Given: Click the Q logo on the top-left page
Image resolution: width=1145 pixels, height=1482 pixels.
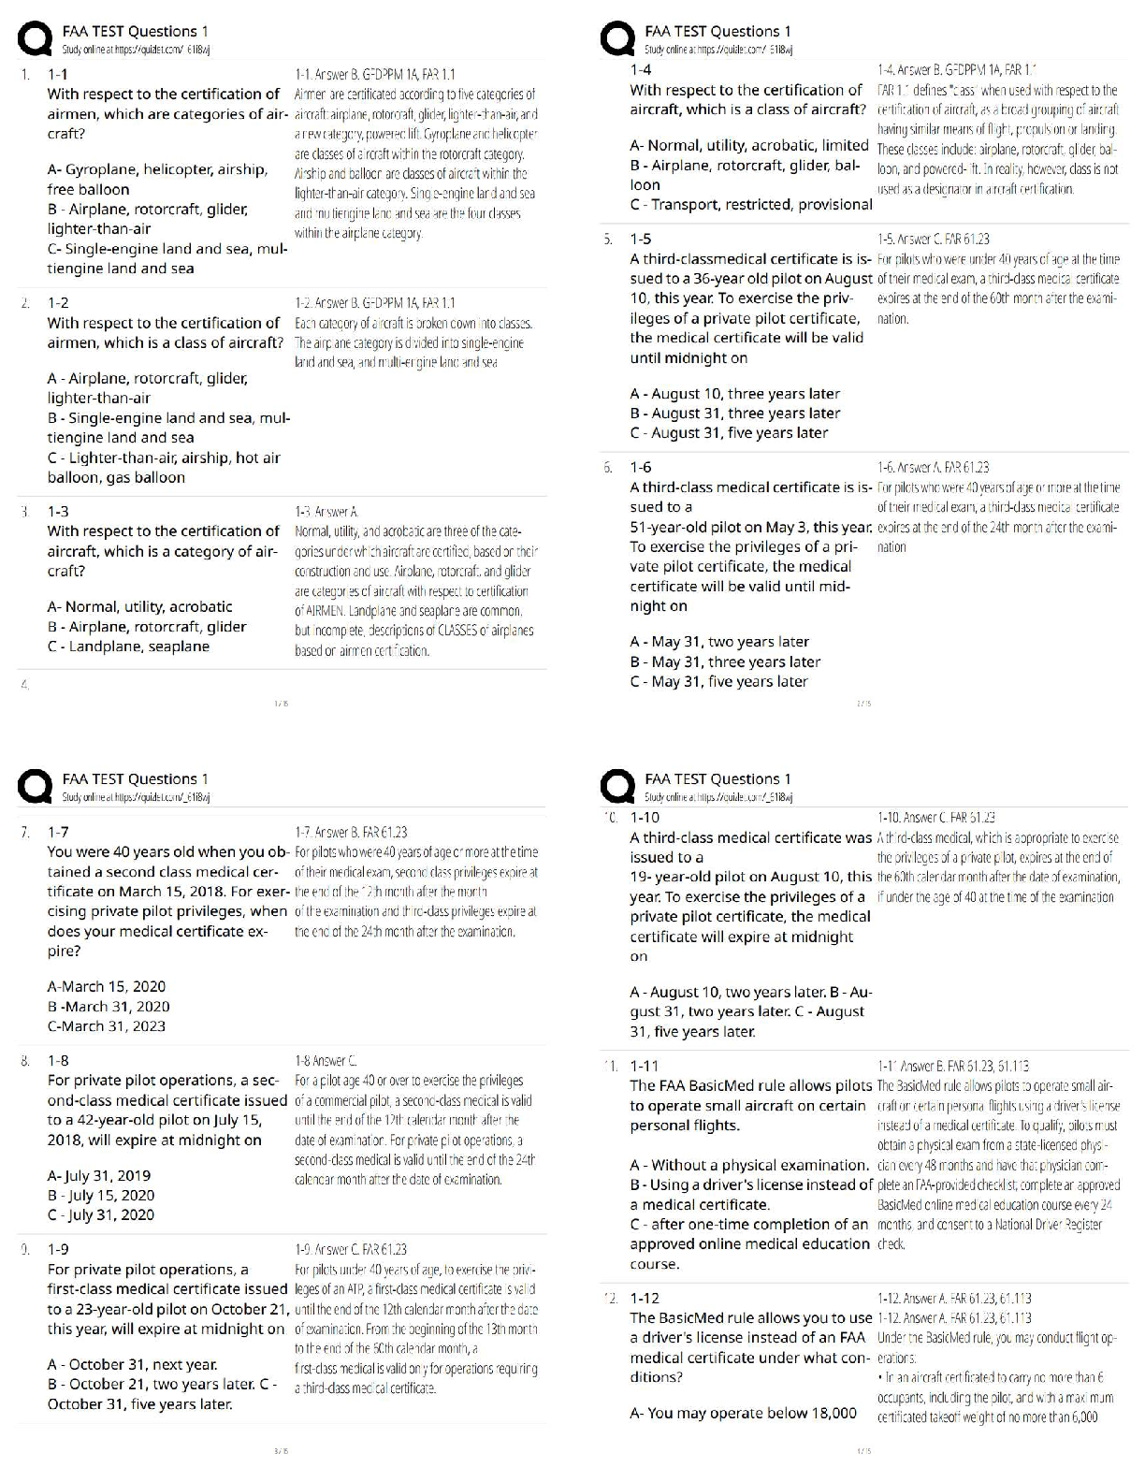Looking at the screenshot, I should click(x=36, y=41).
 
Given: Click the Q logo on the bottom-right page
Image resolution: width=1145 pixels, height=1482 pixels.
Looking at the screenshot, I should click(x=619, y=787).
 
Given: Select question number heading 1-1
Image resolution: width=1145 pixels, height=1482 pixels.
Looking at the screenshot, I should click(x=58, y=73).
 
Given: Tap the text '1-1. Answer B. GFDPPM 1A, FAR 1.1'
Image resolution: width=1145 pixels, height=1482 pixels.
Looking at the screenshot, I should click(x=374, y=73).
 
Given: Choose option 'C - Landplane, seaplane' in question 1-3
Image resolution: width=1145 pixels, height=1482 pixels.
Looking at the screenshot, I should click(x=128, y=647).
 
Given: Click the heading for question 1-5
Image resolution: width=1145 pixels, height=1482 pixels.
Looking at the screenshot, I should click(x=641, y=239).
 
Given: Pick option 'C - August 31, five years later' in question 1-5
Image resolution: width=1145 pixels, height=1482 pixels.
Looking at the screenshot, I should click(x=729, y=432).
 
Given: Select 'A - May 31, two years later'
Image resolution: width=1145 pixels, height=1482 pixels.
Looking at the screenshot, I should click(x=719, y=642).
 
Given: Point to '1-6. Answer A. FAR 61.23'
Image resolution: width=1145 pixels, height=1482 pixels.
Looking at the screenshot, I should click(x=933, y=467).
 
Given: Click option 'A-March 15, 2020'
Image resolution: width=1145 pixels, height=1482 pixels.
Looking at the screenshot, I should click(x=106, y=986).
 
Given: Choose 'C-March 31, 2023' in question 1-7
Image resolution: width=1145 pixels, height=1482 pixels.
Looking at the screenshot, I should click(x=106, y=1025).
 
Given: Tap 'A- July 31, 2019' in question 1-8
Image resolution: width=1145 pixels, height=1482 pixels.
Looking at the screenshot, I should click(x=98, y=1175).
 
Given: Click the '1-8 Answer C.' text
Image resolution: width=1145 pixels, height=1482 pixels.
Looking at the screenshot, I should click(x=326, y=1060).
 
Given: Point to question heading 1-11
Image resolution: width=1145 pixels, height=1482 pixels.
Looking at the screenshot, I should click(x=644, y=1065).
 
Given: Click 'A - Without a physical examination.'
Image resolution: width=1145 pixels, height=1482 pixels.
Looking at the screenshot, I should click(x=750, y=1165).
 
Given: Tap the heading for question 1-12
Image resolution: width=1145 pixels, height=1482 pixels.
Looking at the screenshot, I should click(x=644, y=1298).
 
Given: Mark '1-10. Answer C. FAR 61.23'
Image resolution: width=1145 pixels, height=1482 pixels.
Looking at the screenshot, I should click(x=935, y=817).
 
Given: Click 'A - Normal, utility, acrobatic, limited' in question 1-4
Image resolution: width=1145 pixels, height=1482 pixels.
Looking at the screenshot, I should click(x=749, y=145).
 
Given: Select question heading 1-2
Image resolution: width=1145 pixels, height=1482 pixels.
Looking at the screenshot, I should click(x=58, y=302).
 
